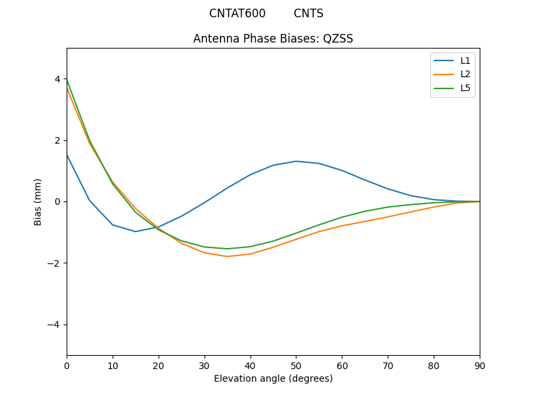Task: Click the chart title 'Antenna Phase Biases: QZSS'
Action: click(x=273, y=39)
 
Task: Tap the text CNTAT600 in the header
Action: click(x=237, y=13)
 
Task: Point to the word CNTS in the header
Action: click(x=308, y=13)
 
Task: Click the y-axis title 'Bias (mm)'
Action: click(x=38, y=201)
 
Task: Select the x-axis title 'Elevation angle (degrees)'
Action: click(x=273, y=378)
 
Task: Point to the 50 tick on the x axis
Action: click(x=296, y=365)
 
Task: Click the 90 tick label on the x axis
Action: click(x=480, y=365)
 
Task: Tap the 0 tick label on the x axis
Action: click(x=67, y=365)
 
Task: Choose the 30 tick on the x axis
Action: click(x=205, y=365)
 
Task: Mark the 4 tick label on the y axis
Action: click(x=57, y=79)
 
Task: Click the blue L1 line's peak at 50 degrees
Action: click(x=296, y=161)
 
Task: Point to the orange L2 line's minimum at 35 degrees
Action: click(x=227, y=257)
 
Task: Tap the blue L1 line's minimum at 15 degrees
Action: click(x=135, y=231)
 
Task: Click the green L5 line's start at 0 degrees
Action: click(x=67, y=81)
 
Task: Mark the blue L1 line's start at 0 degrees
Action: click(x=67, y=155)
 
